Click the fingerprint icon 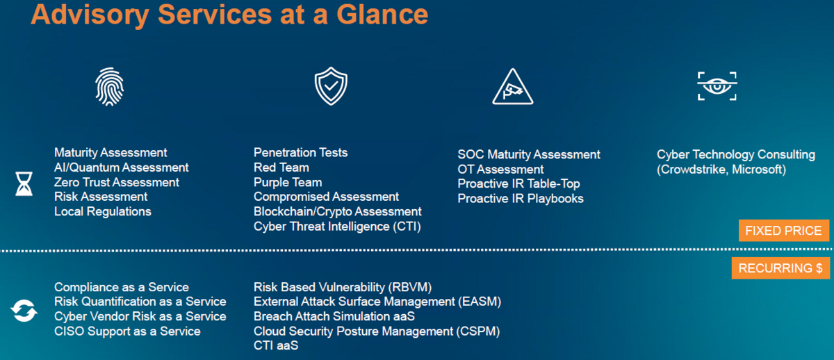point(110,87)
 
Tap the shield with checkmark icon point(331,86)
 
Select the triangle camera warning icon point(513,87)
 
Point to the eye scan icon point(717,86)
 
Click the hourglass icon point(24,183)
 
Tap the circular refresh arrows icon point(24,311)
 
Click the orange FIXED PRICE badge point(784,231)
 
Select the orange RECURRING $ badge point(780,268)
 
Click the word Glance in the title point(382,15)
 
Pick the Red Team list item point(281,167)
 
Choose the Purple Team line point(288,182)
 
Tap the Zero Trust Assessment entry point(117,182)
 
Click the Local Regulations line point(103,211)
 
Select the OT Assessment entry point(501,170)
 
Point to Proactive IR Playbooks point(521,199)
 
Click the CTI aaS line point(276,345)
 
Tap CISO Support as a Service point(127,332)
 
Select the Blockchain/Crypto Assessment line point(338,211)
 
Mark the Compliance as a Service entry point(122,287)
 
